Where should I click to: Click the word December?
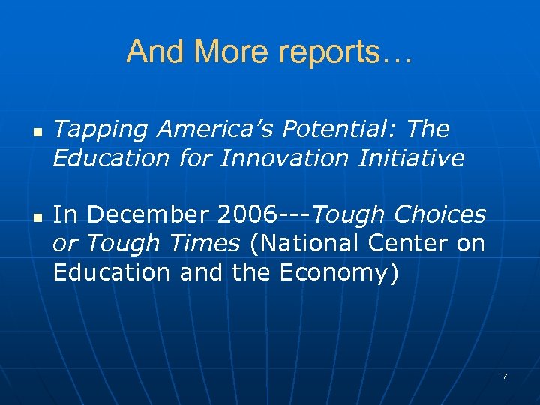(x=149, y=215)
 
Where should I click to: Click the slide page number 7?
(x=505, y=375)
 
